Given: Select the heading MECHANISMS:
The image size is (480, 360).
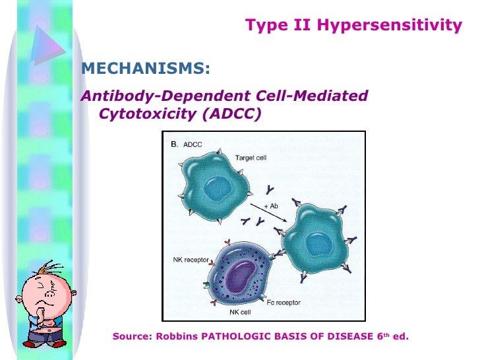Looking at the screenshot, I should coord(145,69).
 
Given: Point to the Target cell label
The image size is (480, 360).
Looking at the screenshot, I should coord(251,158).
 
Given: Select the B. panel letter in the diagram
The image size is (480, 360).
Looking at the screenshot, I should coord(175,143).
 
